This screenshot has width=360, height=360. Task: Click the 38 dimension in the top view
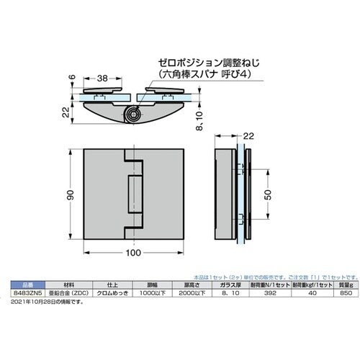[102, 78]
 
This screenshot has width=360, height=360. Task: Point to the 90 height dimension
[71, 194]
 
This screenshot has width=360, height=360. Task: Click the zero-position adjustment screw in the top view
[132, 114]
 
